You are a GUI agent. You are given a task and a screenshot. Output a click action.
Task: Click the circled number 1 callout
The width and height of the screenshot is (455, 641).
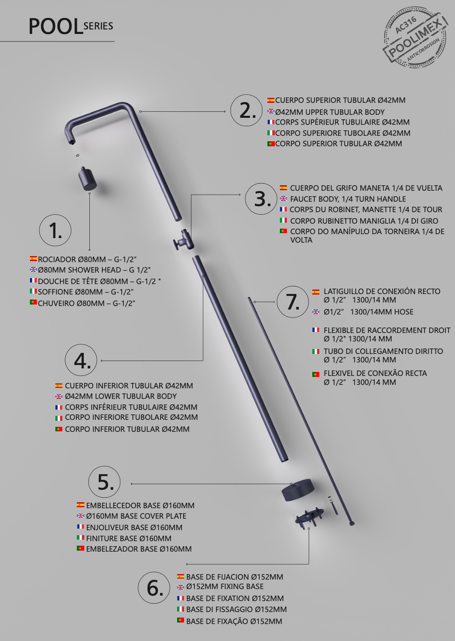point(55,230)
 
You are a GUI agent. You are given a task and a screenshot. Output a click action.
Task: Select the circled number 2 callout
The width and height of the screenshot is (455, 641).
point(246,110)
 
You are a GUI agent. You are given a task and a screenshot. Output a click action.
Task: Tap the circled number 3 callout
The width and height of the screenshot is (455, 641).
point(261,199)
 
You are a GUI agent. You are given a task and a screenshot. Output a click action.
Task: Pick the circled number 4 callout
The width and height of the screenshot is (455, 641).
point(81,360)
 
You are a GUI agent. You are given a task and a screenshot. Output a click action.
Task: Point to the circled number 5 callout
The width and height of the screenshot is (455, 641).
point(104,482)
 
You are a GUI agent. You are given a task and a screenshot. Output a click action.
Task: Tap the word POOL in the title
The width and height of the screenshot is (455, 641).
point(55,26)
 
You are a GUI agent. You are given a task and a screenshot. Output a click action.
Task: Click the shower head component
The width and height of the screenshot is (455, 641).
point(88,179)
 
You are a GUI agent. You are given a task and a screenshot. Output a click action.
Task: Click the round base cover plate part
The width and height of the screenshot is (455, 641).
point(295,491)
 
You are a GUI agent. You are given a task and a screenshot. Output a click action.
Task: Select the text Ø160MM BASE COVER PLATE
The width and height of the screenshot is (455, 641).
point(136,516)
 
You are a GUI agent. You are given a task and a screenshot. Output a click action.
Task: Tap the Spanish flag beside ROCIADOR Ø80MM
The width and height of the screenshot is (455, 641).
point(33,259)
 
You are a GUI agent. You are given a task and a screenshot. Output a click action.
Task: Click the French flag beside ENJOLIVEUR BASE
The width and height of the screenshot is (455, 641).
point(80,527)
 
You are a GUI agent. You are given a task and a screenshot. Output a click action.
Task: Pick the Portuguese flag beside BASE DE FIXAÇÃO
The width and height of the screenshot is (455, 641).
point(181,621)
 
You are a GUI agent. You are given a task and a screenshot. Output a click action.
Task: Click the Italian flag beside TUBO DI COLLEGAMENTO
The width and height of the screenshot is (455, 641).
point(316,351)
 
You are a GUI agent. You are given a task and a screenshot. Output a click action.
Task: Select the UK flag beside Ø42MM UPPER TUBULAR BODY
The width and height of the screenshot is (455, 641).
point(271,111)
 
